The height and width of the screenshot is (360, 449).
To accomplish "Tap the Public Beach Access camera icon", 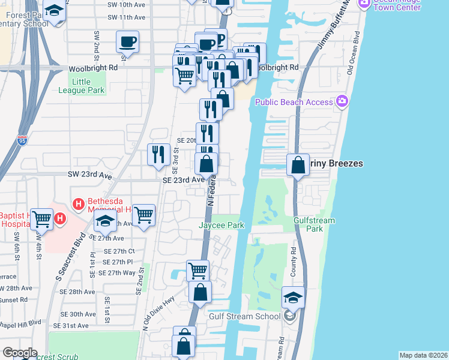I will pos(343,101).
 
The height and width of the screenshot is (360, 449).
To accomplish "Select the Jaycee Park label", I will pos(221,225).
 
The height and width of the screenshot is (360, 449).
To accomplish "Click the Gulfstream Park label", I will pos(314,224).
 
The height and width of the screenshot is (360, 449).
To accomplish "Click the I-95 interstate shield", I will pos(23,141).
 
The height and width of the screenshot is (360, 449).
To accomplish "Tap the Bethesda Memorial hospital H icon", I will pos(77,205).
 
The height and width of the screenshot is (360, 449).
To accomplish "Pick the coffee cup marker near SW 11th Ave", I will pos(127,42).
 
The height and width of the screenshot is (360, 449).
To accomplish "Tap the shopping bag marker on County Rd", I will pos(298,164).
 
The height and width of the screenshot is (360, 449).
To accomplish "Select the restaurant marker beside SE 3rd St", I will pos(158,155).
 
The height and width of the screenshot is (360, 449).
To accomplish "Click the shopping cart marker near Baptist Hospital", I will pos(42,219).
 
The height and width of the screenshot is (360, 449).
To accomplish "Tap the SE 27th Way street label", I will pos(116,273).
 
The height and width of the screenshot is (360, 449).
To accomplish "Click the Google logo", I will pos(20,353).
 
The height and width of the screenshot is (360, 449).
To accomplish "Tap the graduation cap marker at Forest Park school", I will pos(55,11).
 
